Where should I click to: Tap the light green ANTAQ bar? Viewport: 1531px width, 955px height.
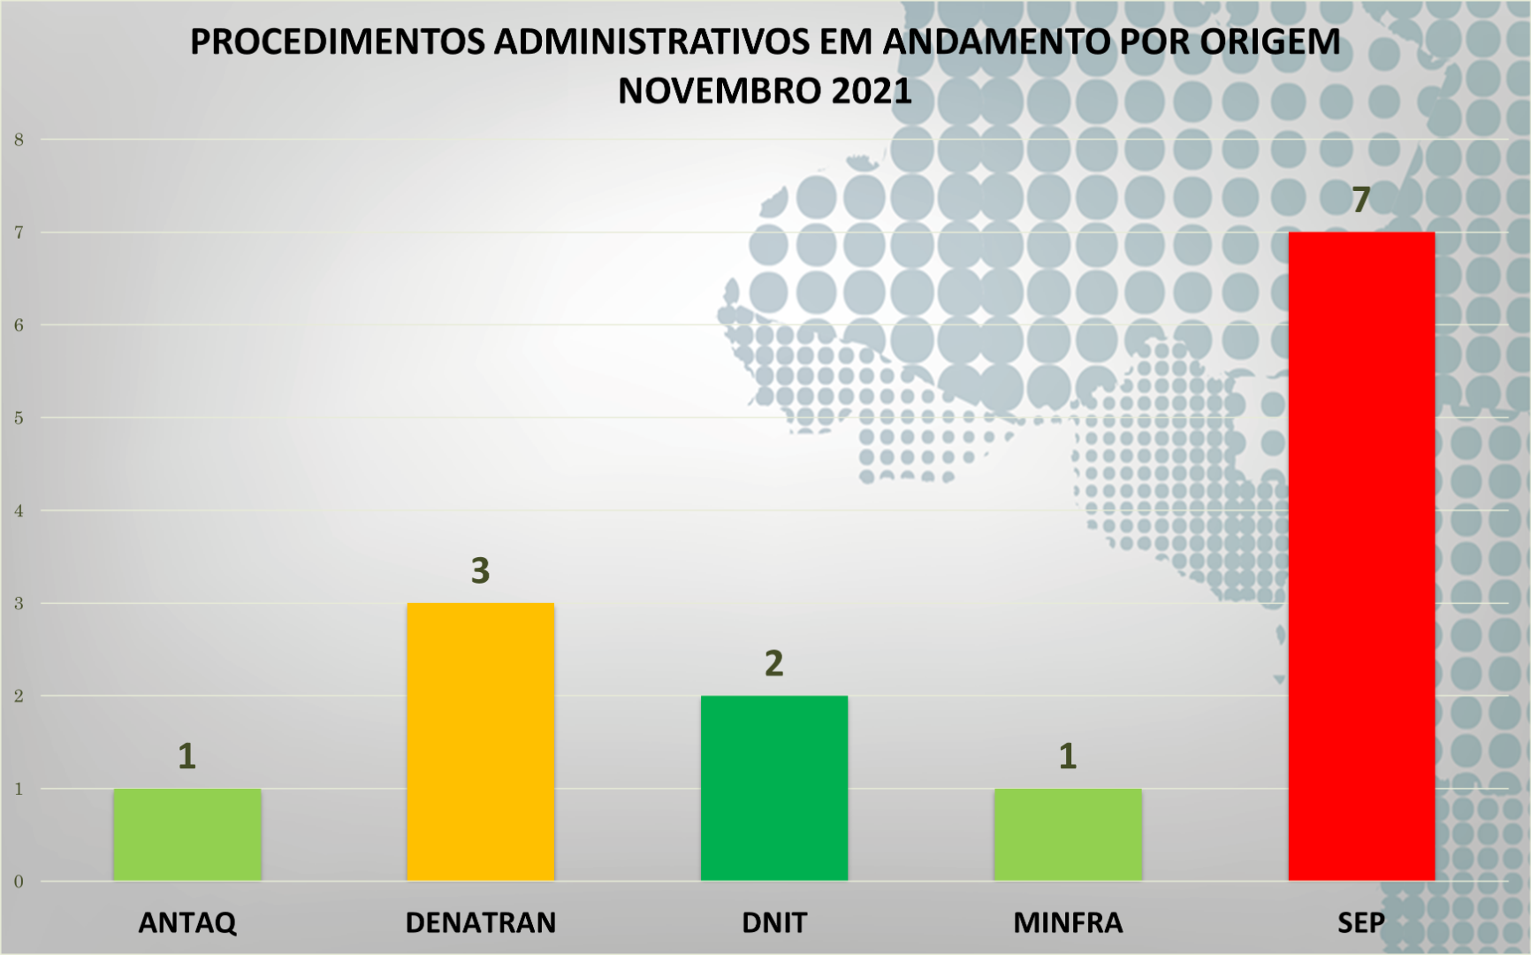pos(187,834)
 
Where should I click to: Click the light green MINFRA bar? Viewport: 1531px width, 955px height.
pos(1068,834)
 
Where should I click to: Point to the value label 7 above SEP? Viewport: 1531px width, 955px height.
pos(1361,200)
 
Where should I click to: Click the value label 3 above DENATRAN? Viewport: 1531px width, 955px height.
pos(480,571)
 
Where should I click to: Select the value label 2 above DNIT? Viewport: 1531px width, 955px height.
pos(774,663)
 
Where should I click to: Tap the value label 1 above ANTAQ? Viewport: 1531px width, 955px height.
pos(187,756)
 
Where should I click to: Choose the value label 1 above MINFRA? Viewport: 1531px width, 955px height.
pos(1068,756)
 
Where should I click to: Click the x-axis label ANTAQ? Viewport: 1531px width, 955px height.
pos(187,922)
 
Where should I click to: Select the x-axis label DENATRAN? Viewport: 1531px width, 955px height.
pos(480,922)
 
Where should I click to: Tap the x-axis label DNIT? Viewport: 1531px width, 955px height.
pos(774,922)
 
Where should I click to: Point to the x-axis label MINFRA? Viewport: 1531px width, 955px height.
pos(1068,922)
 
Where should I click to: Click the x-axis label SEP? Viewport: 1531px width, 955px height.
pos(1361,922)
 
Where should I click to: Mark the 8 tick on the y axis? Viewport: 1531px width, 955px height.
pos(19,140)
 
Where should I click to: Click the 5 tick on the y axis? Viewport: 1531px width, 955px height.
pos(19,418)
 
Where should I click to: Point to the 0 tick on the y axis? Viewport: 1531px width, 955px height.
pos(19,882)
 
